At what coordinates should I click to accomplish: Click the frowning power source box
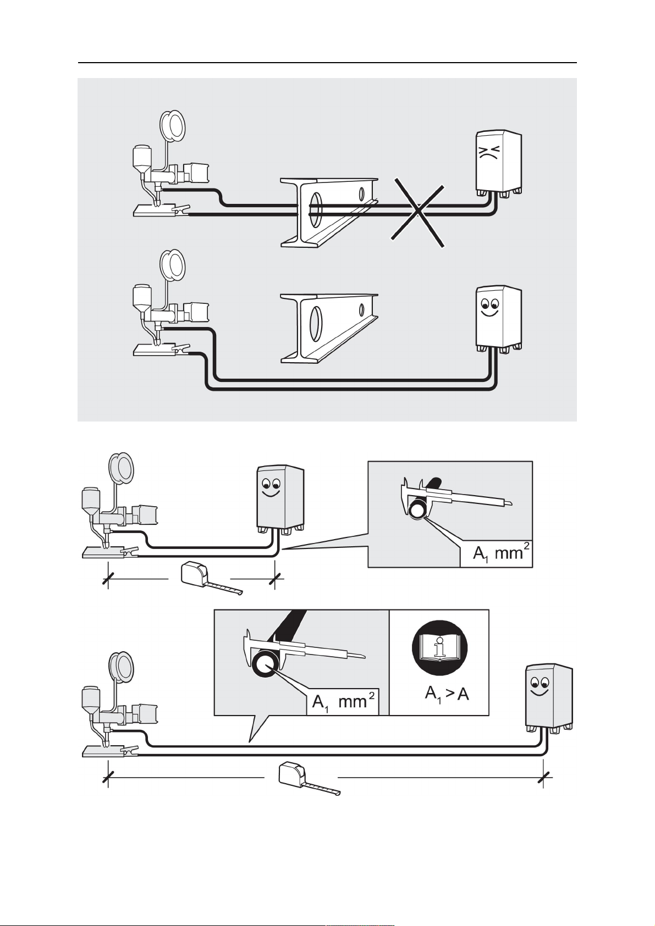[x=498, y=163]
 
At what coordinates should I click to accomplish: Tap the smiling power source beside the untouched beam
[x=498, y=318]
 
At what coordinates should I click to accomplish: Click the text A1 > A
[x=447, y=694]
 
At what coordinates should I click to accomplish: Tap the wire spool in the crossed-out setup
[x=173, y=126]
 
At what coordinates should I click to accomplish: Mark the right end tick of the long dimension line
[x=544, y=777]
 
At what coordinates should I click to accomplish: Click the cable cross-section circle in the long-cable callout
[x=265, y=665]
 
